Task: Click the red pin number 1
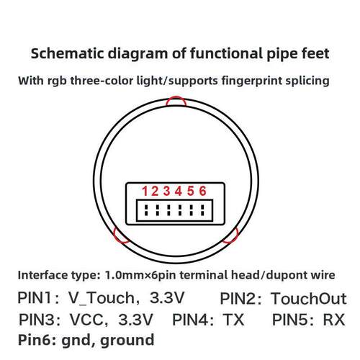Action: point(145,191)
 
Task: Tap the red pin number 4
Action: point(179,191)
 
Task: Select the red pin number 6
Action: point(203,191)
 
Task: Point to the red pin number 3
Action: point(167,191)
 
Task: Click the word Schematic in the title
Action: point(68,53)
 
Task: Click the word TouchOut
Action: point(309,299)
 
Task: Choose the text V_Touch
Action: point(102,298)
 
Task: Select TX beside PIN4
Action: point(233,320)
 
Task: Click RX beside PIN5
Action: point(334,320)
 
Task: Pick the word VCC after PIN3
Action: point(86,320)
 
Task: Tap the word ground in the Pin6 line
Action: point(127,341)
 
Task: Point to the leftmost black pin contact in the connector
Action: point(146,210)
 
